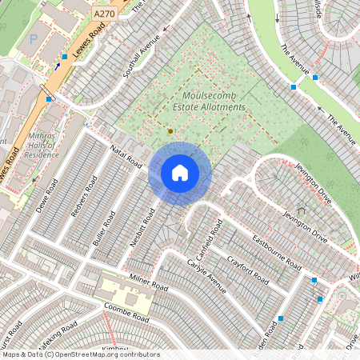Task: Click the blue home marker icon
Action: coord(180,172)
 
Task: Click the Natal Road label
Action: coord(126,154)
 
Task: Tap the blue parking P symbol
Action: coord(33,38)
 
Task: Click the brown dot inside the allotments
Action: coord(170,130)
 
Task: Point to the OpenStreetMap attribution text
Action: coord(81,354)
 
